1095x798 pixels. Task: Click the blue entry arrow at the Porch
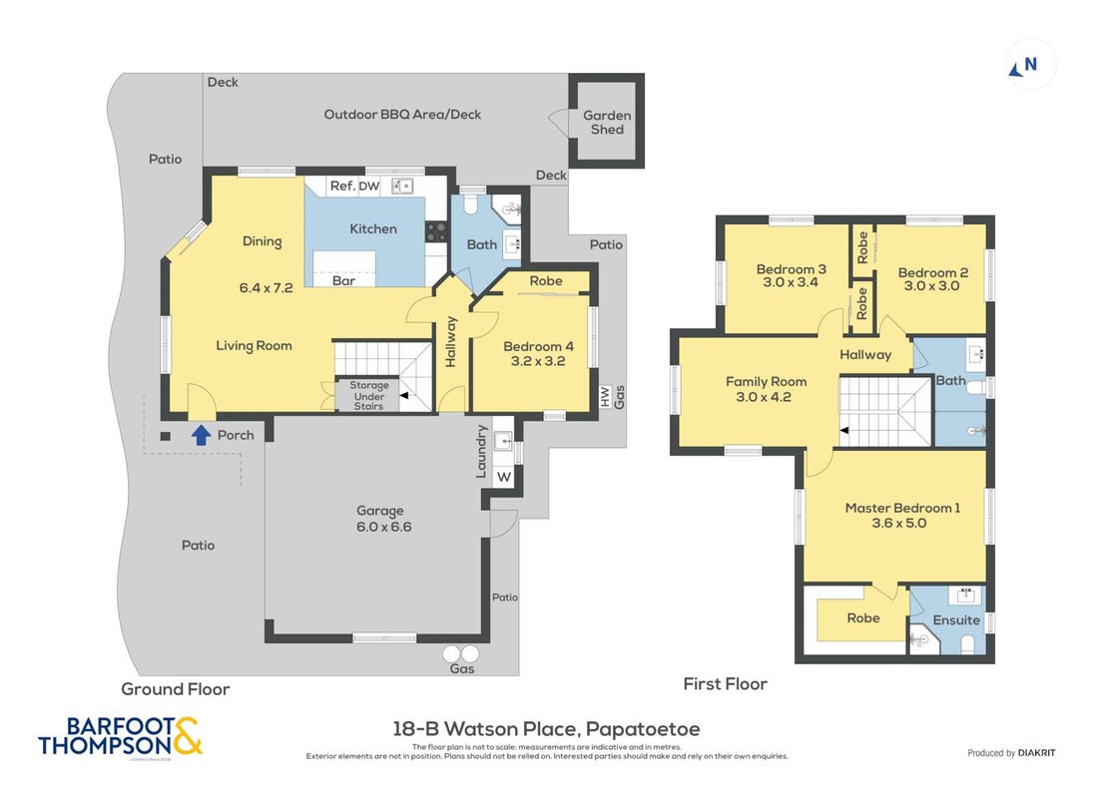(201, 435)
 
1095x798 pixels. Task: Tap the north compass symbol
(1023, 66)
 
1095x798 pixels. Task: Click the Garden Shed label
(607, 122)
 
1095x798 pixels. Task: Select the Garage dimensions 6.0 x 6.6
(383, 527)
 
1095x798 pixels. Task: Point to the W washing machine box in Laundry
(503, 477)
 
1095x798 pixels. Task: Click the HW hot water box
(605, 396)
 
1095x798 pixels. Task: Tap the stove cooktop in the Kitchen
(436, 231)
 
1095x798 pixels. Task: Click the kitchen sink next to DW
(401, 186)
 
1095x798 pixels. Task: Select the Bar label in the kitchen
(343, 280)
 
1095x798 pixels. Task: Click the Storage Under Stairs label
(368, 395)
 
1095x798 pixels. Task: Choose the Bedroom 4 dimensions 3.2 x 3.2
(538, 361)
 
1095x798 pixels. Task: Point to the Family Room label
(766, 382)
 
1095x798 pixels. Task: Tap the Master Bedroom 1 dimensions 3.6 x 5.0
(898, 523)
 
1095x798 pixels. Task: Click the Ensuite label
(956, 620)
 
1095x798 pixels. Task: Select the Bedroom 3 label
(792, 268)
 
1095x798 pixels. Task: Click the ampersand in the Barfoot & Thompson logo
(187, 736)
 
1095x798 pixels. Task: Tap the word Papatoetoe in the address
(643, 729)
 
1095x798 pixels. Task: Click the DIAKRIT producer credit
(1036, 753)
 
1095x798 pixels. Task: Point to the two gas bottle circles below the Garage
(461, 654)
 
